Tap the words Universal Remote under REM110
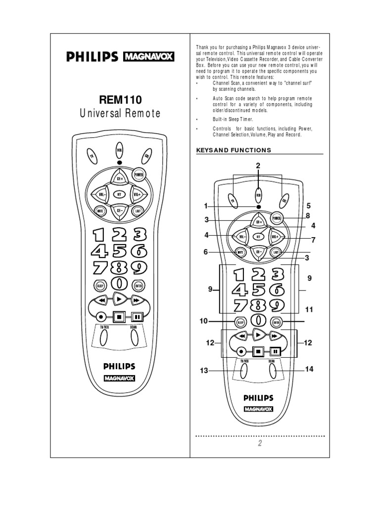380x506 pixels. (120, 114)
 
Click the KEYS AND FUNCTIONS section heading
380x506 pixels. (234, 150)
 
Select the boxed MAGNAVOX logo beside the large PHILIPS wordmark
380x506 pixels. (148, 57)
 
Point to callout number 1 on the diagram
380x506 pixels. (206, 206)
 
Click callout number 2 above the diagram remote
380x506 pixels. (258, 166)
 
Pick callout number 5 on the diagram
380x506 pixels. (308, 206)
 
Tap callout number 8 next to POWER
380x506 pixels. (307, 216)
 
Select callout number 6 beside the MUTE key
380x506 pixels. (206, 252)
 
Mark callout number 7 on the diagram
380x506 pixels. (313, 240)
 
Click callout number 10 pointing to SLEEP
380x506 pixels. (204, 321)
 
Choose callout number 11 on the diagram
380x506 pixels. (309, 310)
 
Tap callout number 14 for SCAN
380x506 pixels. (310, 369)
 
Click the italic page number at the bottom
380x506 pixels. (259, 443)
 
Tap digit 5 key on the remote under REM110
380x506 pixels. (119, 251)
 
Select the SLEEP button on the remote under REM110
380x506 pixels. (100, 285)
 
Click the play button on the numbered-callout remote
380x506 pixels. (258, 335)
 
